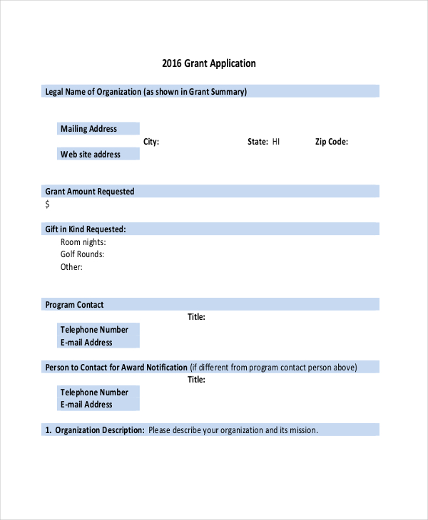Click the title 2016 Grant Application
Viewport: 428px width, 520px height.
(x=208, y=63)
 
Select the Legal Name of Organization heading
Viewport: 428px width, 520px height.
(x=146, y=91)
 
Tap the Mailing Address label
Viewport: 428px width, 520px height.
(x=88, y=129)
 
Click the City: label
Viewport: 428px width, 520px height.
(x=151, y=142)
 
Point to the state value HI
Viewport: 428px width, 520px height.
(x=276, y=142)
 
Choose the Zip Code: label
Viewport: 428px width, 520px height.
(x=332, y=142)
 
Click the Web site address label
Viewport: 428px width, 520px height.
(x=91, y=154)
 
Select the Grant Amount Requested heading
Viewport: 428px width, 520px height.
(x=90, y=192)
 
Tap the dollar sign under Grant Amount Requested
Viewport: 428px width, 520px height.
(x=48, y=204)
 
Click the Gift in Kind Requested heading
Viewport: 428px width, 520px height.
(x=86, y=229)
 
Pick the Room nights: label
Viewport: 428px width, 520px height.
(x=83, y=242)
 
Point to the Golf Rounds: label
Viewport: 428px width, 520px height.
(x=83, y=254)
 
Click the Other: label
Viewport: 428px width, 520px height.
(x=71, y=267)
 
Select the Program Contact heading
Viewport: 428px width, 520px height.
(x=74, y=305)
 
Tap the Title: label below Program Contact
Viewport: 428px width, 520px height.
(x=196, y=317)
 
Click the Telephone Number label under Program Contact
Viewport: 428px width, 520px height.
(x=94, y=330)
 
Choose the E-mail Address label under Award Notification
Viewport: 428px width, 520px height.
(x=86, y=405)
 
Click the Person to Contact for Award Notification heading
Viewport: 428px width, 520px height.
(x=116, y=368)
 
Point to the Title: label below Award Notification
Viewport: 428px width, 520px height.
(x=196, y=380)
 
